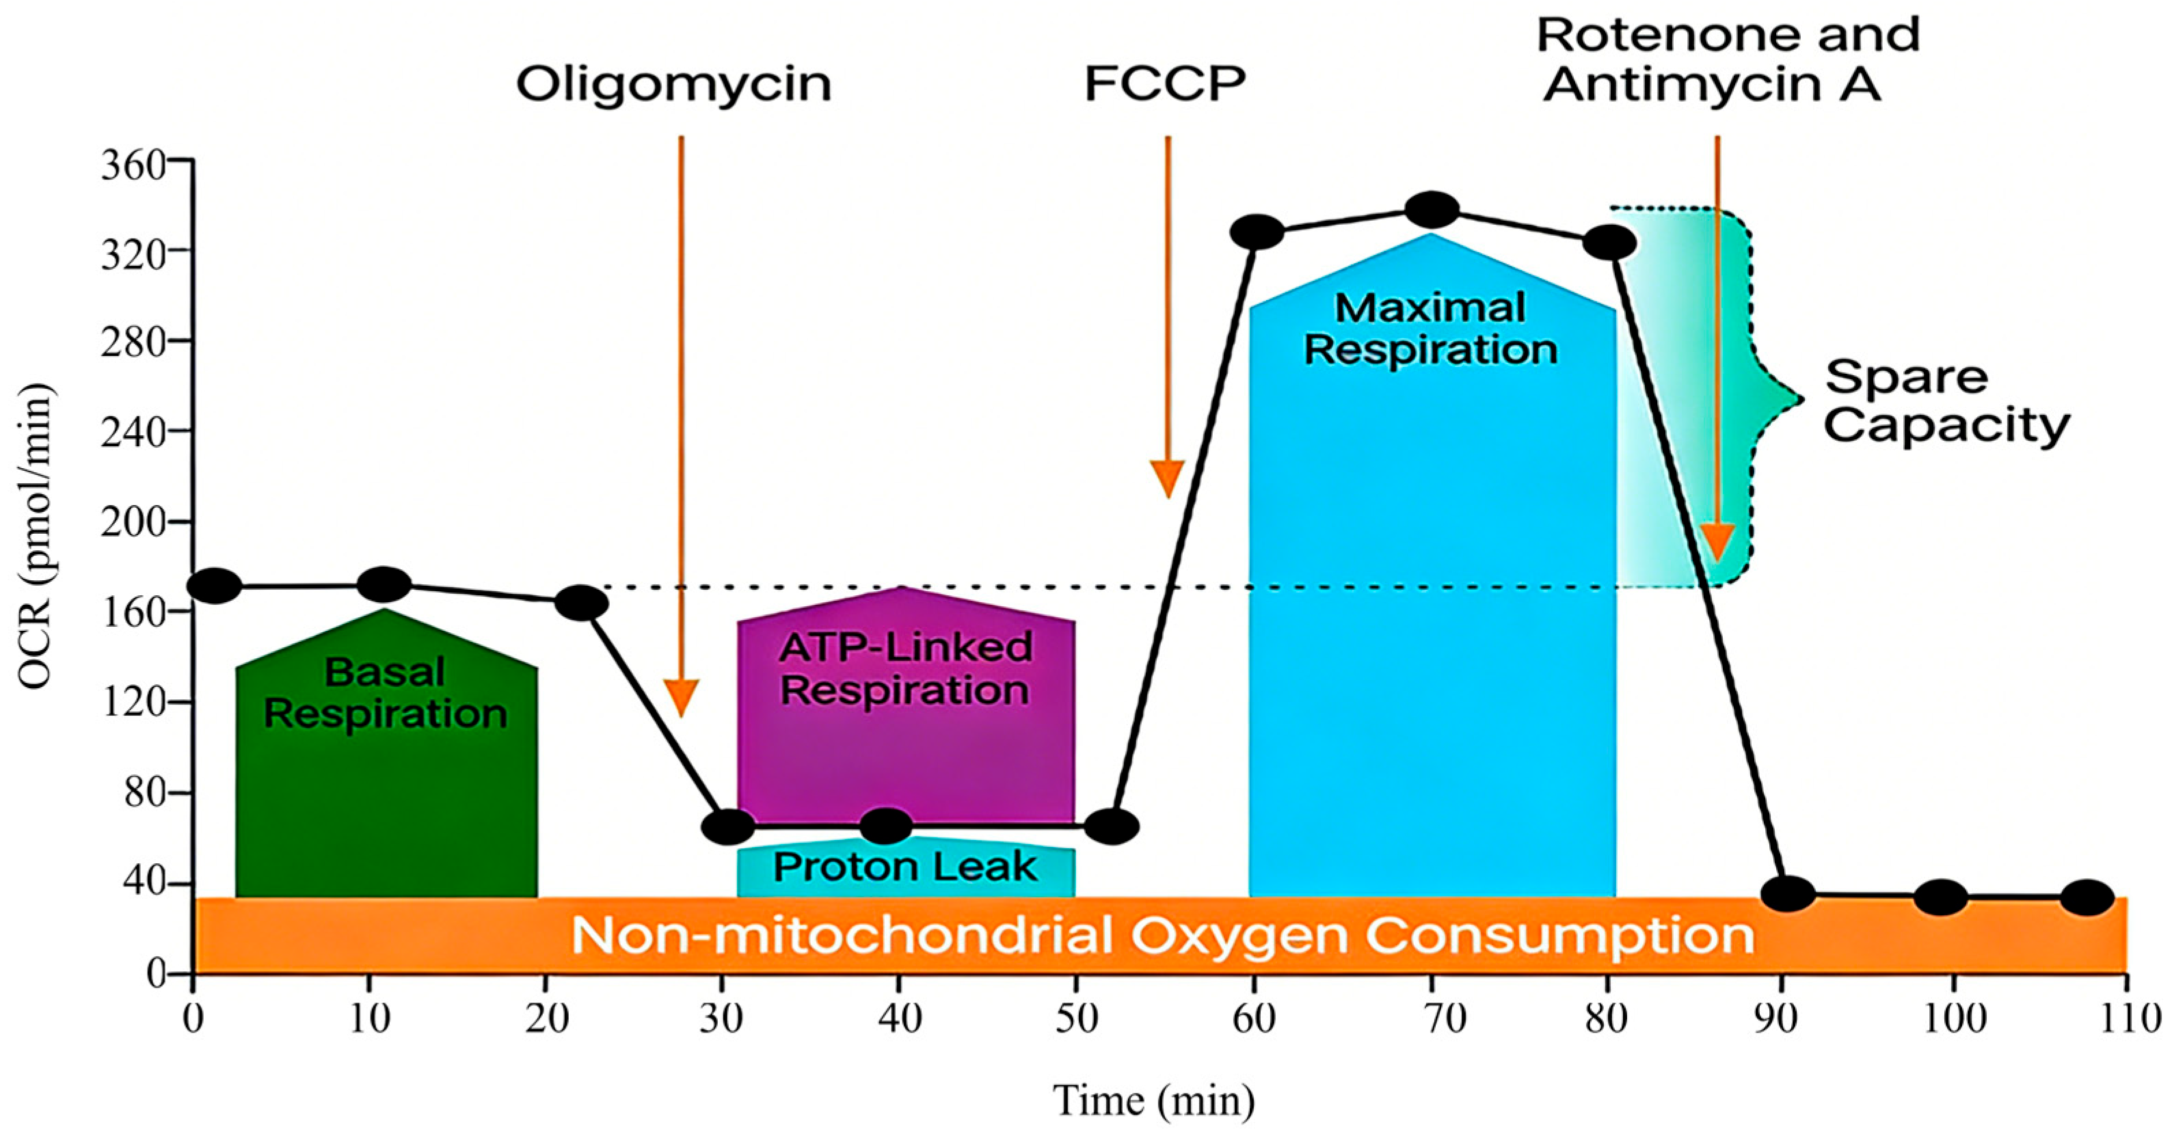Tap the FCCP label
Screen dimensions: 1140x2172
pyautogui.click(x=1164, y=84)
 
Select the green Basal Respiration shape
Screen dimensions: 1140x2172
pyautogui.click(x=386, y=759)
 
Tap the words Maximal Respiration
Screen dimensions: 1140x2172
pyautogui.click(x=1431, y=329)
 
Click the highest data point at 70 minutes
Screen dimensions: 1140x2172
pyautogui.click(x=1432, y=209)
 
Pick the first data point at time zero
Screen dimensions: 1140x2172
pyautogui.click(x=214, y=585)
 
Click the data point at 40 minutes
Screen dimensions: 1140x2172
pyautogui.click(x=886, y=826)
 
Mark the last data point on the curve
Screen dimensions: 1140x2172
pyautogui.click(x=2087, y=898)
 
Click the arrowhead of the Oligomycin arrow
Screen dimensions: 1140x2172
pyautogui.click(x=682, y=698)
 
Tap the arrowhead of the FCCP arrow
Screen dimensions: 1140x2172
pyautogui.click(x=1168, y=479)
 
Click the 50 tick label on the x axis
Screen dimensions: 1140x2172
pyautogui.click(x=1077, y=1020)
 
